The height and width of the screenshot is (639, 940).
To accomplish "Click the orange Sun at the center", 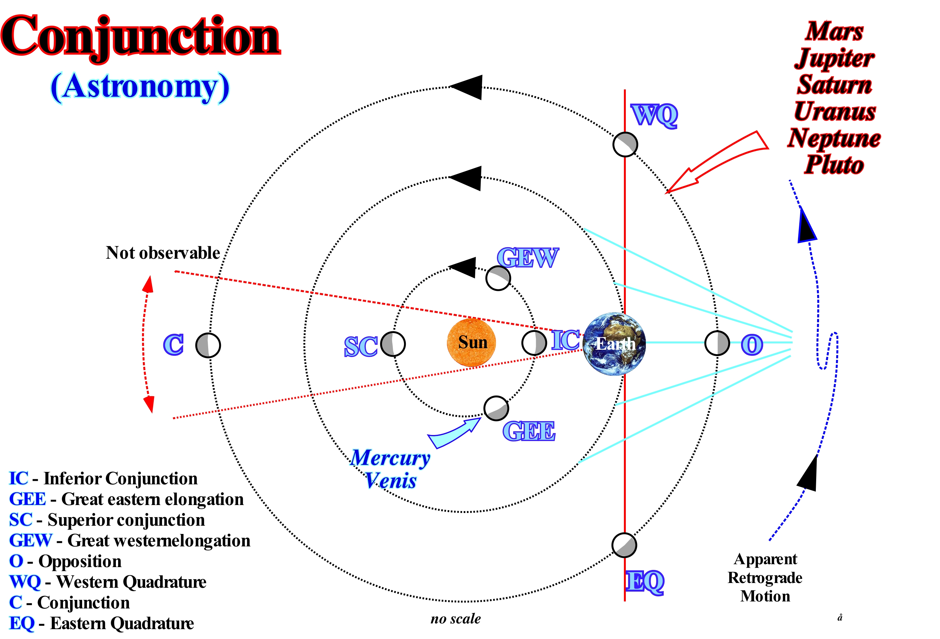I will click(471, 342).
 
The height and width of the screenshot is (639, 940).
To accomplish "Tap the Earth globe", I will click(614, 344).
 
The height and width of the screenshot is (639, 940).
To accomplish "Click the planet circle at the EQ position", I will click(624, 545).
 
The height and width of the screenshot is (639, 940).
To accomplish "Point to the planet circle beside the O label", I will click(717, 343).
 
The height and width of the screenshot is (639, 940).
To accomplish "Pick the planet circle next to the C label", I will click(208, 345).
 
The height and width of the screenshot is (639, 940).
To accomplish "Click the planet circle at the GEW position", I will click(498, 278).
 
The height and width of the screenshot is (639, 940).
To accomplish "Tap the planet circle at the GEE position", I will click(496, 408).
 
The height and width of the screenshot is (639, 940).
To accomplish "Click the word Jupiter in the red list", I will click(834, 58).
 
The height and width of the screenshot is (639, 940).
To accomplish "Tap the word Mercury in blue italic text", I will click(390, 458).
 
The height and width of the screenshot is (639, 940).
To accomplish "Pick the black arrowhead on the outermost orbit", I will click(467, 87).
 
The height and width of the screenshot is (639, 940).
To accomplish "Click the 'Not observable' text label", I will click(163, 253).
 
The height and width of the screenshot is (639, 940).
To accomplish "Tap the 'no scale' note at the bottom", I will click(456, 618).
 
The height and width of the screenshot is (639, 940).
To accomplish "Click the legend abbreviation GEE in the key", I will click(27, 499).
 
